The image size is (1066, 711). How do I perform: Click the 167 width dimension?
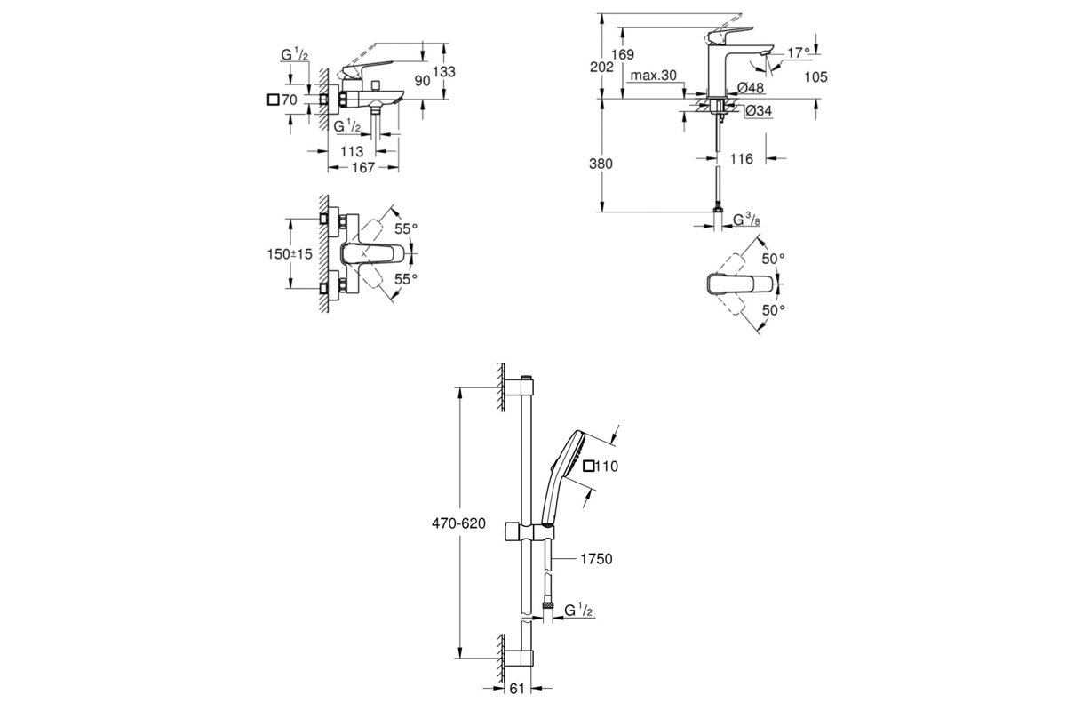pos(363,168)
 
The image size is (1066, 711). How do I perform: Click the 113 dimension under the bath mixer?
pos(352,151)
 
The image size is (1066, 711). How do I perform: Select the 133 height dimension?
pos(444,71)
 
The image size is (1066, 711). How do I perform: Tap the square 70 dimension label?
pos(282,100)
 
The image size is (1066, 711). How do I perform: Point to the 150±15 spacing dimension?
pos(290,254)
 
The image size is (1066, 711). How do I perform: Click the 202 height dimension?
pos(601,68)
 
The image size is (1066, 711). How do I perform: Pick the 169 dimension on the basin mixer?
pos(623,54)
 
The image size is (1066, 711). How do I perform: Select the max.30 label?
pos(654,76)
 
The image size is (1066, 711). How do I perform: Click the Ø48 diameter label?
pos(751,88)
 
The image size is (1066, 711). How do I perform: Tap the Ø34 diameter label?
pos(759,110)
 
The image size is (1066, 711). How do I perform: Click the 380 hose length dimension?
pos(601,164)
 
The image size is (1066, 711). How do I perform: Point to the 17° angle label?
pos(798,52)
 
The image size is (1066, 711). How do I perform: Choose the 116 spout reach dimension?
pos(742,158)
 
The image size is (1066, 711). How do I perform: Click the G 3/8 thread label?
pos(746,220)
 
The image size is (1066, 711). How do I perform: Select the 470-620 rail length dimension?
pos(458,523)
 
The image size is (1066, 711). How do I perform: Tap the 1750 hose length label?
pos(596,559)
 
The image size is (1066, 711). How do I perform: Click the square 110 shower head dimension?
pos(601,467)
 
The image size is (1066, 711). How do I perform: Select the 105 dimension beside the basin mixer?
pos(815,76)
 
